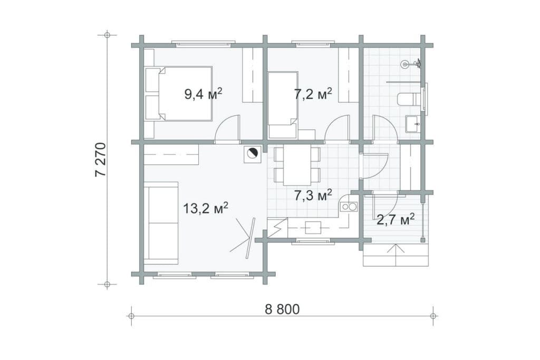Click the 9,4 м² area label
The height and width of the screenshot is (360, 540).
tap(203, 93)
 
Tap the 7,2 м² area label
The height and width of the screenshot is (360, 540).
tap(313, 93)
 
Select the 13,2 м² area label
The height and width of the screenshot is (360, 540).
tap(205, 208)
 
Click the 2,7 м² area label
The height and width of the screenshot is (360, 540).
tap(396, 219)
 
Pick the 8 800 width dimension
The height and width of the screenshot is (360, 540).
tap(283, 309)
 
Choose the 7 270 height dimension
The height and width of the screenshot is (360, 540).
tap(102, 159)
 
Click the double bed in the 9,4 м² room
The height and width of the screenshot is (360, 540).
tap(179, 94)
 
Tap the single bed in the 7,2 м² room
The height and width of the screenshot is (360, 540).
tap(283, 105)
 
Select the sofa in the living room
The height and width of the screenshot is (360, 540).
tap(161, 223)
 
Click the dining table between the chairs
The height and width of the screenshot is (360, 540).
tap(297, 165)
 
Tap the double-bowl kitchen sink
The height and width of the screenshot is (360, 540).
tap(349, 207)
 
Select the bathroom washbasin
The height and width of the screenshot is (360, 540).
tap(412, 124)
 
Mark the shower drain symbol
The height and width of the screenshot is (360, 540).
tap(405, 64)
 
